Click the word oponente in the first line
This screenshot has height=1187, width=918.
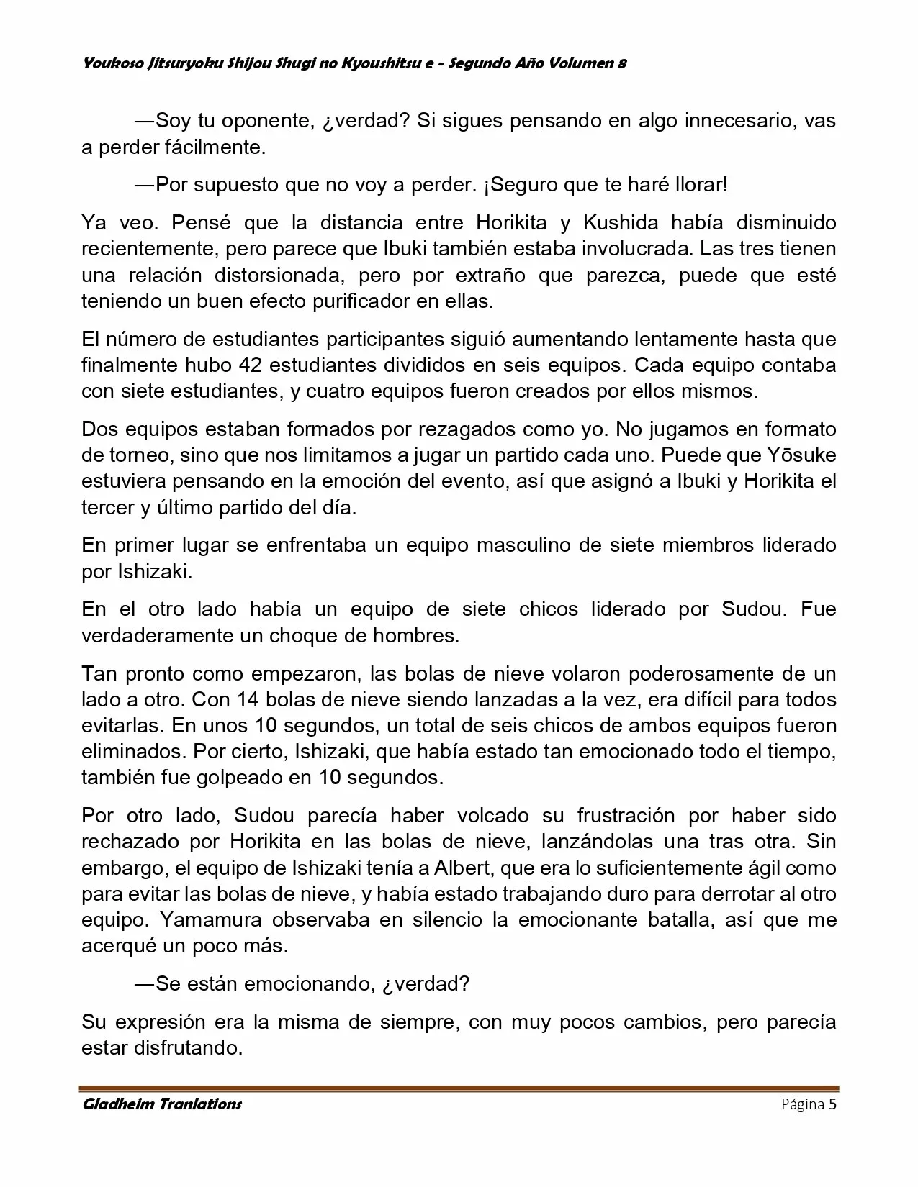[262, 121]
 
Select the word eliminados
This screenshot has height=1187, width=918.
[134, 752]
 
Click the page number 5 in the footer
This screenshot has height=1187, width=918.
[832, 1105]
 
